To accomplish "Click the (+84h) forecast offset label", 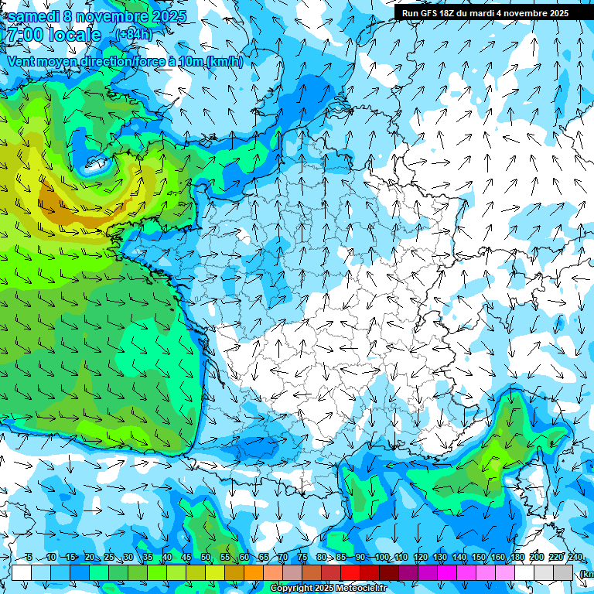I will [133, 35].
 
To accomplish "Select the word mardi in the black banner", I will [484, 13].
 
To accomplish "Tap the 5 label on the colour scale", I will [29, 558].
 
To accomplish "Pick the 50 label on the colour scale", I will [206, 558].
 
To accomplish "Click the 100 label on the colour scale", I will [381, 558].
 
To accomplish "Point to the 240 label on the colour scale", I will [575, 558].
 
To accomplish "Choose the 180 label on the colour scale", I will [517, 558].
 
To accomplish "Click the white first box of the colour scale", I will [21, 572].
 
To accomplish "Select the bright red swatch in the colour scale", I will [350, 572].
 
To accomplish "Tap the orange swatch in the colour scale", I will [254, 572].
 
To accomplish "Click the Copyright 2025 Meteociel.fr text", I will [329, 589].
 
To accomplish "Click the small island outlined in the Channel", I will [96, 161].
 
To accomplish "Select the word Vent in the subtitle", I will [21, 62].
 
